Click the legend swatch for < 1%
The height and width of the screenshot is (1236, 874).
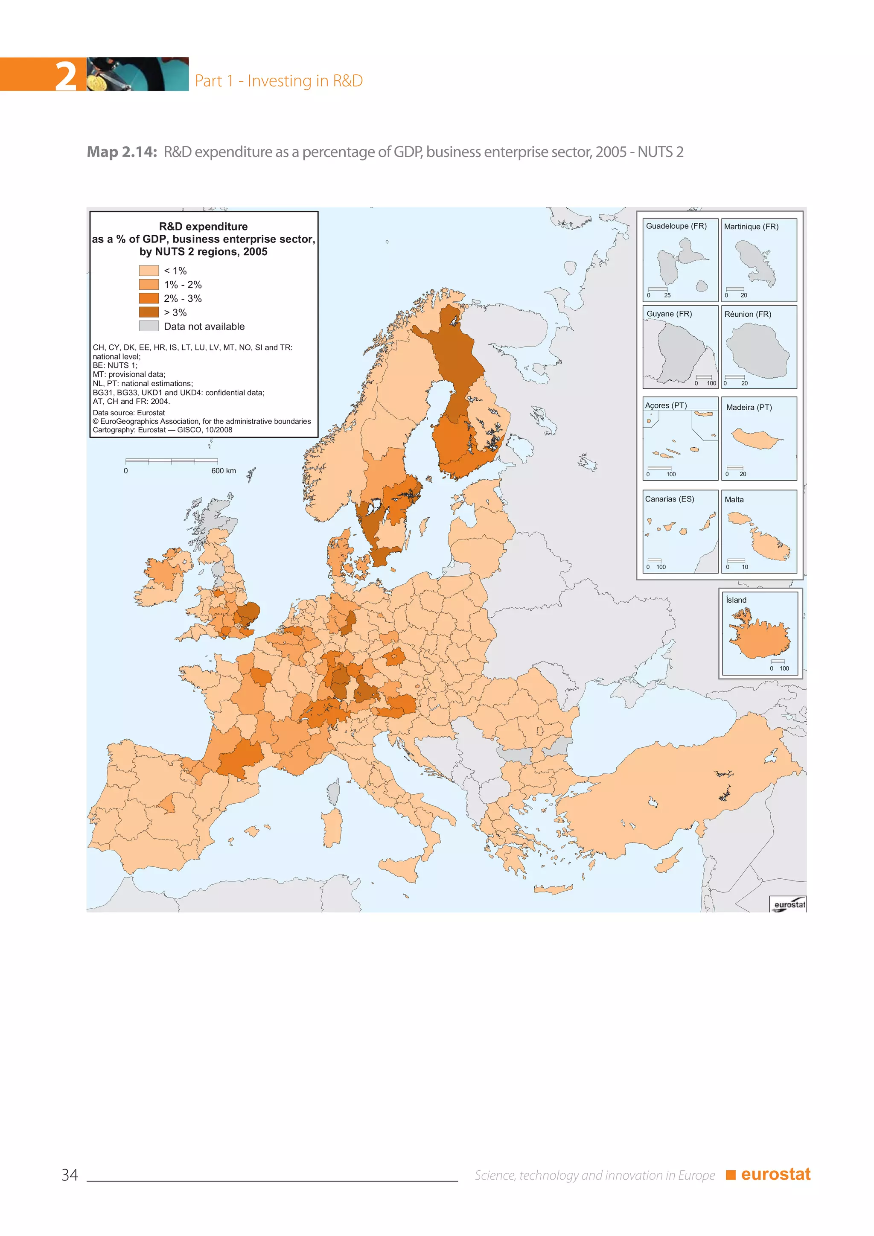coord(149,270)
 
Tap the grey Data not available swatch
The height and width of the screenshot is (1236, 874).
coord(149,326)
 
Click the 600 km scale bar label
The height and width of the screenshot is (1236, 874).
coord(223,470)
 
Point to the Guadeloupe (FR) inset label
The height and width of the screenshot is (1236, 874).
coord(676,226)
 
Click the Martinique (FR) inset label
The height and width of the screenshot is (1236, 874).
coord(751,227)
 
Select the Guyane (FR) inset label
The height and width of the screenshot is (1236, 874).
coord(669,314)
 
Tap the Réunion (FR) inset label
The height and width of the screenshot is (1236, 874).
coord(748,315)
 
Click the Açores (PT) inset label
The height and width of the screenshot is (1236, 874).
coord(666,405)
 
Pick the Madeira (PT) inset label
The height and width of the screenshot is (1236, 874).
coord(749,408)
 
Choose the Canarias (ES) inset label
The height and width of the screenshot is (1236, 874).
coord(670,499)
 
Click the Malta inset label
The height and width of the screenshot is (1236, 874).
coord(734,500)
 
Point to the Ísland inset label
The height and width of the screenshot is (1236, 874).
coord(736,600)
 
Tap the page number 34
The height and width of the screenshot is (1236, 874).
coord(70,1175)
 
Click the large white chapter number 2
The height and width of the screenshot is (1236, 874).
coord(66,76)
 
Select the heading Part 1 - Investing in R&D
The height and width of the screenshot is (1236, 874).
coord(279,81)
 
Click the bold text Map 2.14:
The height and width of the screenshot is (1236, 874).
coord(122,152)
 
